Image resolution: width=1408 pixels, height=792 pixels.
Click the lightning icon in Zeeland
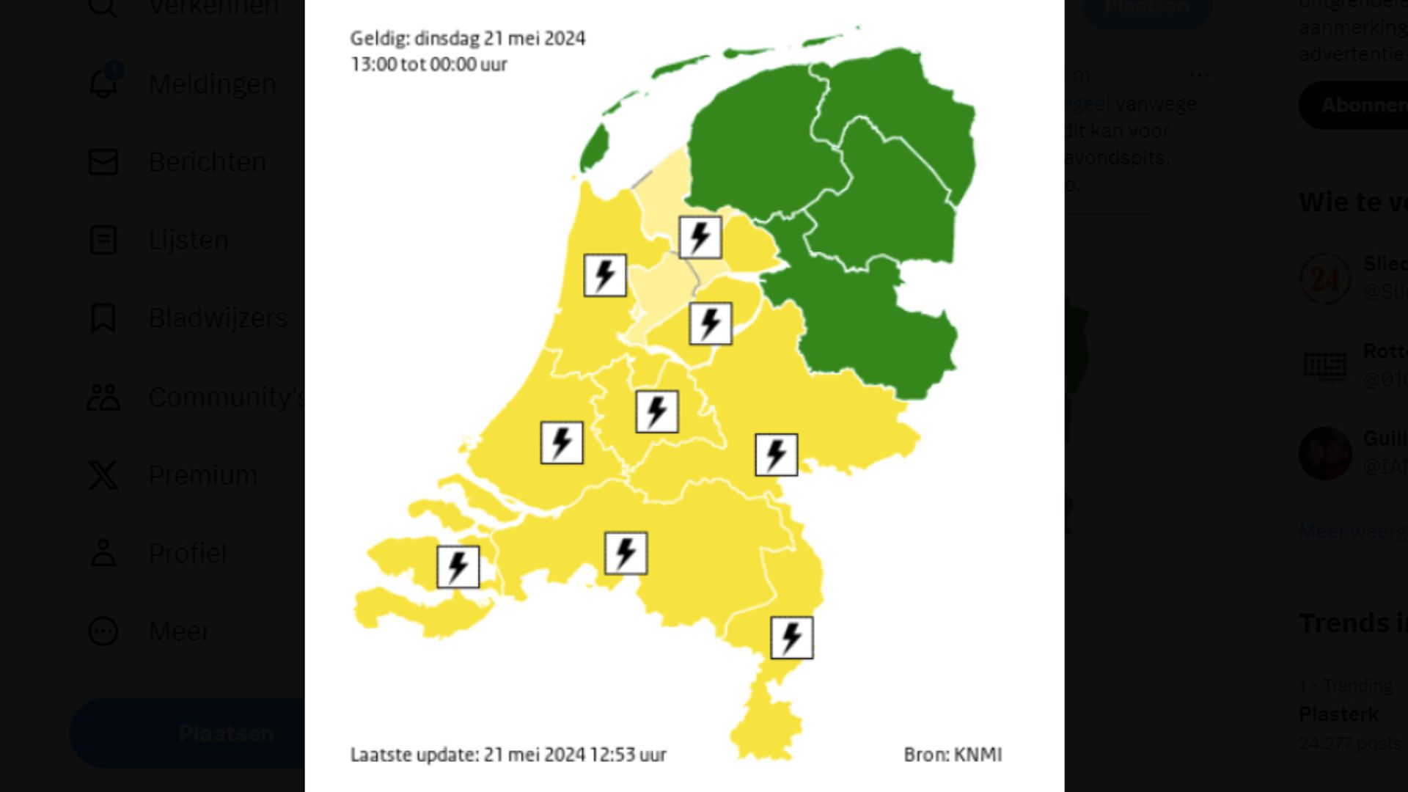coord(458,567)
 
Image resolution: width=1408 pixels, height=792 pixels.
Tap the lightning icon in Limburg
coord(791,637)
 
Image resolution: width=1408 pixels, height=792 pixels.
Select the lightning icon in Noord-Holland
coord(605,276)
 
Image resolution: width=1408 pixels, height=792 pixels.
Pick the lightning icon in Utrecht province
coord(656,411)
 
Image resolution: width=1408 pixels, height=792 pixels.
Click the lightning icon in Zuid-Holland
coord(562,443)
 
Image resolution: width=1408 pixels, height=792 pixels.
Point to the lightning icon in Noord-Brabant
coord(626,553)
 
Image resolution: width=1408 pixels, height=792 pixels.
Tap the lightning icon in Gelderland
coord(776,455)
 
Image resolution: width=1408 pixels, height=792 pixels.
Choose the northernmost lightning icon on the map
coord(700,237)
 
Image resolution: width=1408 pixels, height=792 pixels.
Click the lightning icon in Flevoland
coord(710,323)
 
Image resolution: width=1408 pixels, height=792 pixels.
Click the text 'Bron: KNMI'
coord(952,755)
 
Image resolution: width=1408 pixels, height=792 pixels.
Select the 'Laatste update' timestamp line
coord(508,755)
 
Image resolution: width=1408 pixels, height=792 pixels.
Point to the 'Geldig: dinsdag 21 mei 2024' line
coord(467,38)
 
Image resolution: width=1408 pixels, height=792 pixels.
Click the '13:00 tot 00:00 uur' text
coord(429,65)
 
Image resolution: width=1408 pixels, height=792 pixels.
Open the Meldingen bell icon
coord(103,84)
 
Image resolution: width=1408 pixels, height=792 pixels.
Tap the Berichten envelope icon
coord(103,162)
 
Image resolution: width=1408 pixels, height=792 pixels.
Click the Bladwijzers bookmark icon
coord(103,318)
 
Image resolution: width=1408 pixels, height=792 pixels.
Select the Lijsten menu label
coord(188,241)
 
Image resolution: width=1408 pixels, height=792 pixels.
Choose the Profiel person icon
coord(103,553)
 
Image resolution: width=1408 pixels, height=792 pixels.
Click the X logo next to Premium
coord(103,475)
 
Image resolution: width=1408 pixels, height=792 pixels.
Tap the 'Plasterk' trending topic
coord(1338,714)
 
